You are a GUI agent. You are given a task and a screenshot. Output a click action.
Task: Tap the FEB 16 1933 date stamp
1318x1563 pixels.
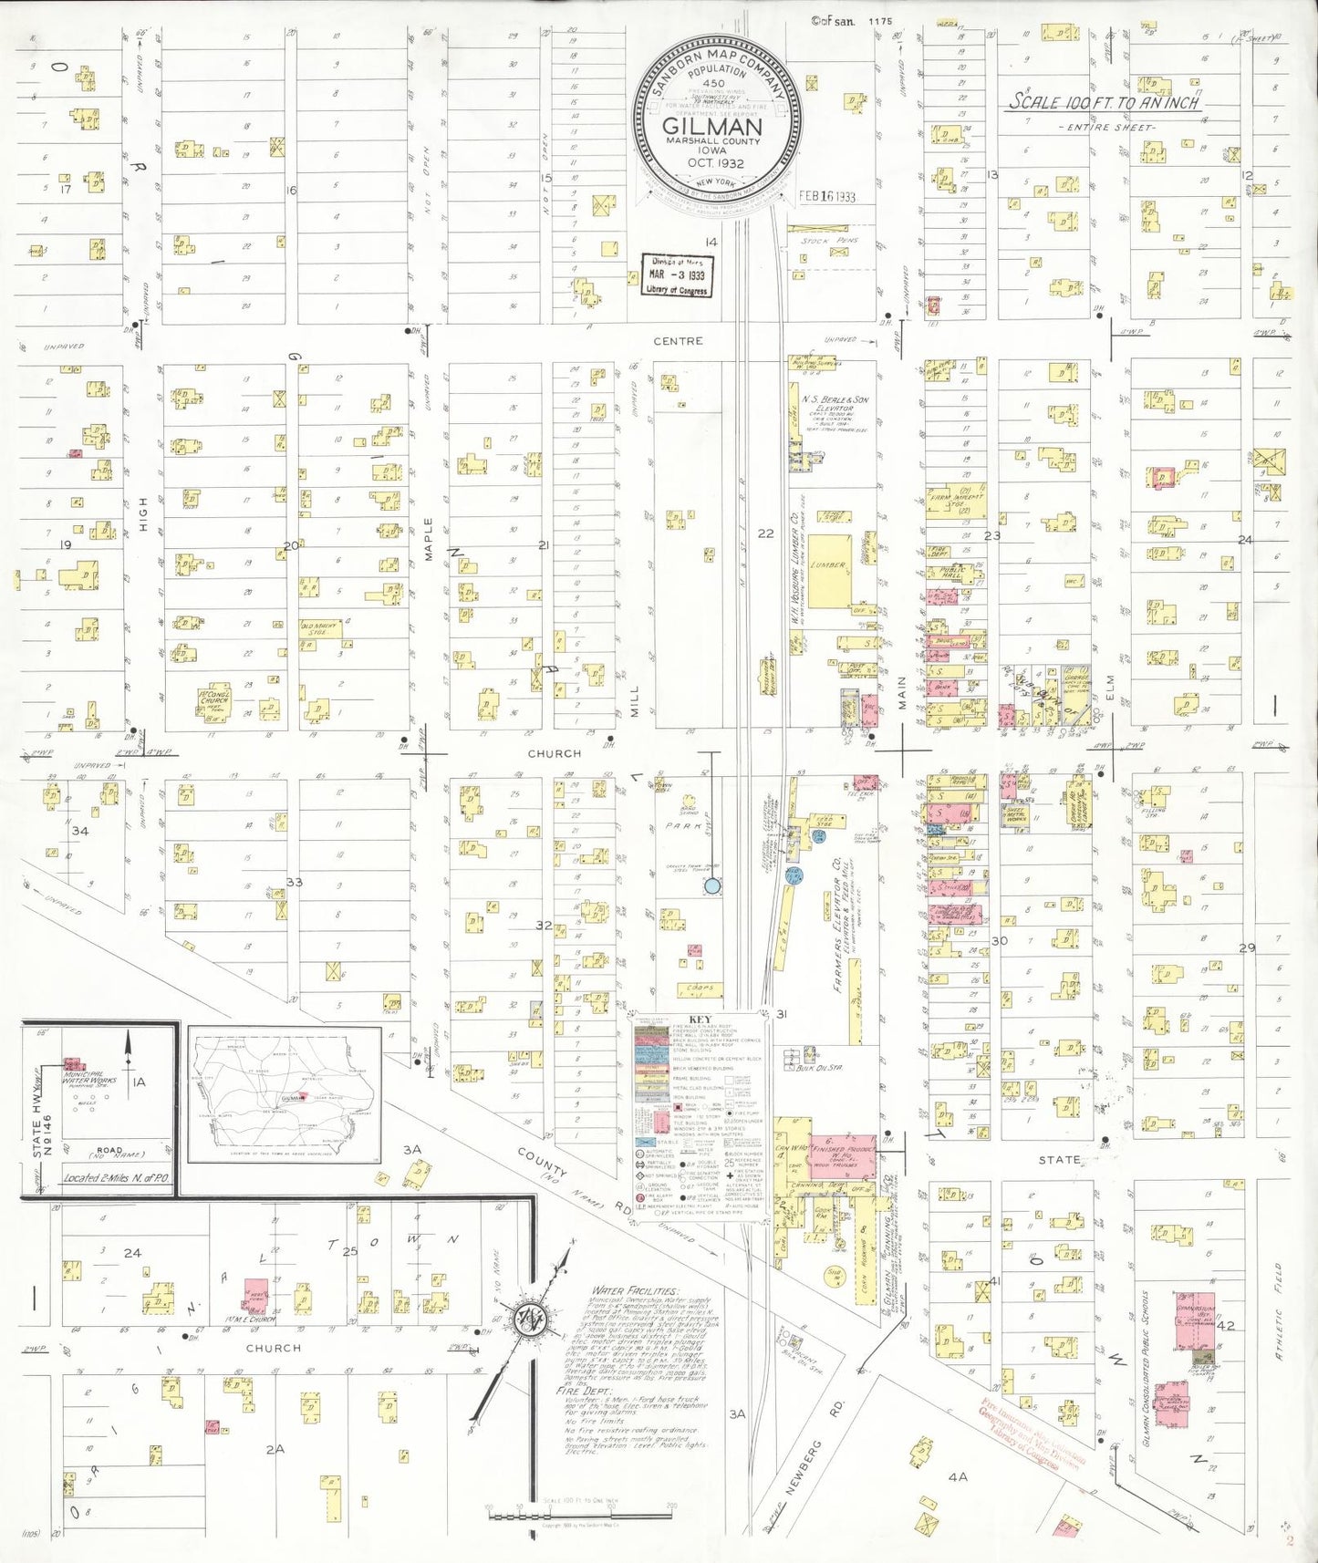tap(826, 196)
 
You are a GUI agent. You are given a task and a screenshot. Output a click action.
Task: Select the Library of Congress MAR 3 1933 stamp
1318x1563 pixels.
tap(677, 274)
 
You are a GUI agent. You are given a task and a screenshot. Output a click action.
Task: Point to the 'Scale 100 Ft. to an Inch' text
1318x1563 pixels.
tap(1103, 102)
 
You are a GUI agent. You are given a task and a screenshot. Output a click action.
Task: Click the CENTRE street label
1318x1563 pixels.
tap(678, 341)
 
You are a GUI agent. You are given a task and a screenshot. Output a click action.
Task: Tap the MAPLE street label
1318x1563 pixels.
tap(428, 539)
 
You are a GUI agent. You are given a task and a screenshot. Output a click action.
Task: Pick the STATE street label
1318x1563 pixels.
tap(1059, 1160)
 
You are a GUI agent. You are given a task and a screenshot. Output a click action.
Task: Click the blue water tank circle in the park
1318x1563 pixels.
tap(712, 885)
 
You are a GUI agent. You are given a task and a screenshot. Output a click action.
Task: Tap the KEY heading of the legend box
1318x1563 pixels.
tap(701, 1020)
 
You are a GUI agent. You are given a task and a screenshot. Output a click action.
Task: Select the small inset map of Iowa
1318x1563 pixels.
tap(285, 1093)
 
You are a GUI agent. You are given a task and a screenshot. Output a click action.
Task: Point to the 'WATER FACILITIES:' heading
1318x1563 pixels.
tap(634, 1291)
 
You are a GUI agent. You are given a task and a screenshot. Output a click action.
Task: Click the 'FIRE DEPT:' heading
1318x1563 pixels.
tap(580, 1392)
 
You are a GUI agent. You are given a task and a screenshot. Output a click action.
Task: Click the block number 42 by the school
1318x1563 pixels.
tap(1225, 1325)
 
